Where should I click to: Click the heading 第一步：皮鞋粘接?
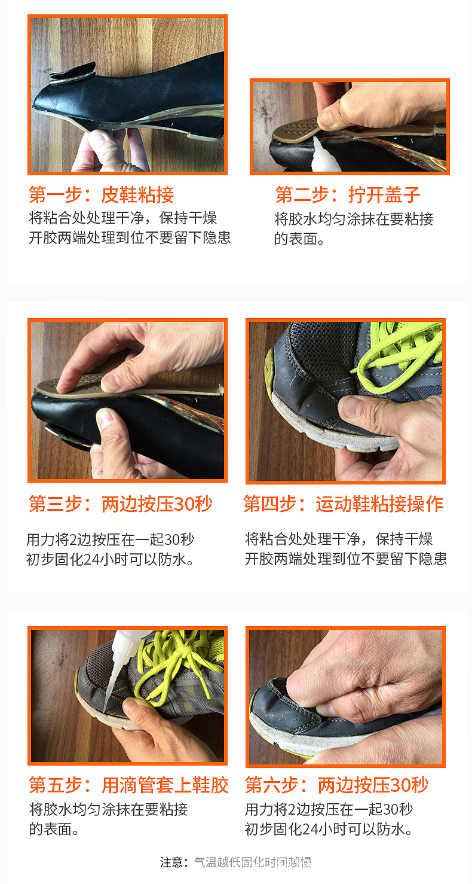click(102, 195)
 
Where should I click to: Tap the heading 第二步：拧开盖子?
click(348, 195)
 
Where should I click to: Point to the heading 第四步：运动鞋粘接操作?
click(343, 504)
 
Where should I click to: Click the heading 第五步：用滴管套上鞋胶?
click(128, 785)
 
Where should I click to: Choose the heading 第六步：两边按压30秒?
click(337, 785)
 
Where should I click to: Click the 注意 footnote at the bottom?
click(236, 862)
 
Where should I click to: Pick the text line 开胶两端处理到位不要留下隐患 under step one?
click(130, 237)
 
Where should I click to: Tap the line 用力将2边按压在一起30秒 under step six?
click(329, 810)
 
